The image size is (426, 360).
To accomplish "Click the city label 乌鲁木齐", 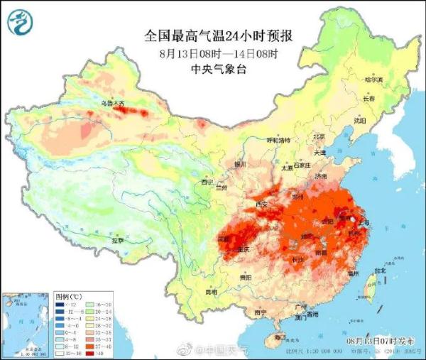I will pyautogui.click(x=112, y=104).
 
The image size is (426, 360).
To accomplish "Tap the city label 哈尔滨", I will pyautogui.click(x=373, y=80).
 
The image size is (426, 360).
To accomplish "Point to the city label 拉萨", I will pyautogui.click(x=117, y=241).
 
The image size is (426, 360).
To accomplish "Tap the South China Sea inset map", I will pyautogui.click(x=26, y=323).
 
